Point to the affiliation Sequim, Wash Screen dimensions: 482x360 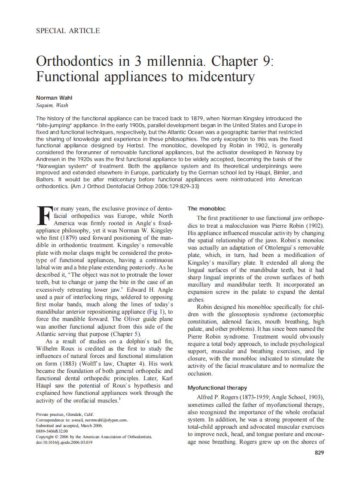(x=52, y=105)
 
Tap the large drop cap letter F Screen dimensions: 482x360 (x=44, y=215)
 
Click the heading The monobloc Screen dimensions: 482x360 (x=206, y=209)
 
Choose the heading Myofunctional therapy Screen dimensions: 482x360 (x=217, y=387)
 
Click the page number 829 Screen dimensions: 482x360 (x=319, y=452)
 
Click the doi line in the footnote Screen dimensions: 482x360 (x=64, y=442)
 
